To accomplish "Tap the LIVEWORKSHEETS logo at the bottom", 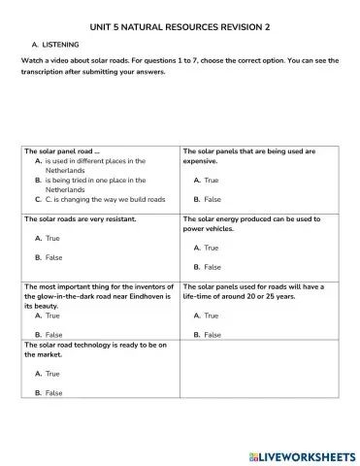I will (303, 454).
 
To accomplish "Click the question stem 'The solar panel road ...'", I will (59, 151).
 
